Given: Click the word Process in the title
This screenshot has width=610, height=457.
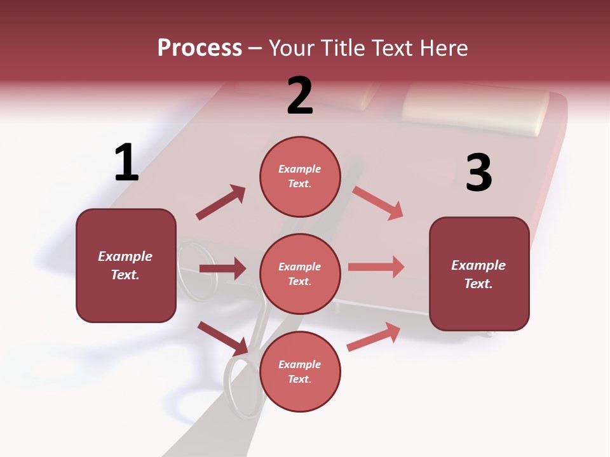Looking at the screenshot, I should (x=200, y=48).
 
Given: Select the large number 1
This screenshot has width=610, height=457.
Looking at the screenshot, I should (x=126, y=162).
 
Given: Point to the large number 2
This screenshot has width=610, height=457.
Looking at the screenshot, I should (x=300, y=96).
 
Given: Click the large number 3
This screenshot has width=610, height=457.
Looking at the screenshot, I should (x=478, y=173).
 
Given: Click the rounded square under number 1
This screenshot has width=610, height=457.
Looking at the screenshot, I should (x=126, y=265).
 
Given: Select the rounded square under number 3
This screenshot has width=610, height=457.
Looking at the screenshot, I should (x=479, y=274).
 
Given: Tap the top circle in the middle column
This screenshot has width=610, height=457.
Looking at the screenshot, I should (x=300, y=176).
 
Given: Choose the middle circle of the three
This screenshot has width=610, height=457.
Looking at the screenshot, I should (x=300, y=274).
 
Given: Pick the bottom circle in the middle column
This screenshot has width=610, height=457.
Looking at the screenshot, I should (x=300, y=372).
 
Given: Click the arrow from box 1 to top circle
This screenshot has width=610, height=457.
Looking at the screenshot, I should (x=220, y=202).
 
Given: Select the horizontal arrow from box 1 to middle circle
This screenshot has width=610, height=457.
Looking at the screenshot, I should (x=222, y=268).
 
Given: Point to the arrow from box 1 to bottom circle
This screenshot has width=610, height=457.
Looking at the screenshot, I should (x=222, y=338).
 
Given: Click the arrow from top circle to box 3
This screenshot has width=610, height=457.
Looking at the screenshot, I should (x=378, y=203).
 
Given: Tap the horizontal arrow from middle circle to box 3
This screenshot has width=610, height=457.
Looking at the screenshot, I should (x=376, y=267).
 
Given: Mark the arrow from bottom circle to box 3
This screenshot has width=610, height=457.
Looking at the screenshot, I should (x=374, y=337).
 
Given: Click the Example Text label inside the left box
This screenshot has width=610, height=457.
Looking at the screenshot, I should (x=125, y=265).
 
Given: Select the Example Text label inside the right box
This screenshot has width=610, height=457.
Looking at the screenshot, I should (x=478, y=274).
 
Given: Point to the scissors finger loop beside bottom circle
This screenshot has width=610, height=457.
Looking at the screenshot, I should (x=245, y=387).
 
